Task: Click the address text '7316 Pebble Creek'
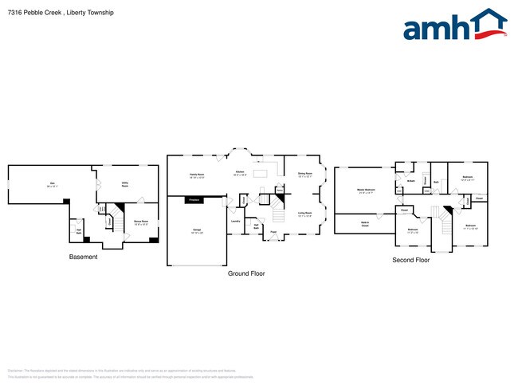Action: (33, 13)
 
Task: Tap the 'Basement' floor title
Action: (84, 257)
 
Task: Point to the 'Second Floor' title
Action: (411, 260)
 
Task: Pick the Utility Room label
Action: (125, 184)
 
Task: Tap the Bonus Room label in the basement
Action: (142, 222)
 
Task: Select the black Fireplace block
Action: (192, 199)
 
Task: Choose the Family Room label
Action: (197, 175)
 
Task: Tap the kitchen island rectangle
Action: (261, 173)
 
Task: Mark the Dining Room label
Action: (304, 175)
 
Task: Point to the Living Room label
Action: (304, 214)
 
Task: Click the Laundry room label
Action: (236, 220)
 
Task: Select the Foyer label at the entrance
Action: (273, 232)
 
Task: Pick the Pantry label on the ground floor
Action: (280, 190)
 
